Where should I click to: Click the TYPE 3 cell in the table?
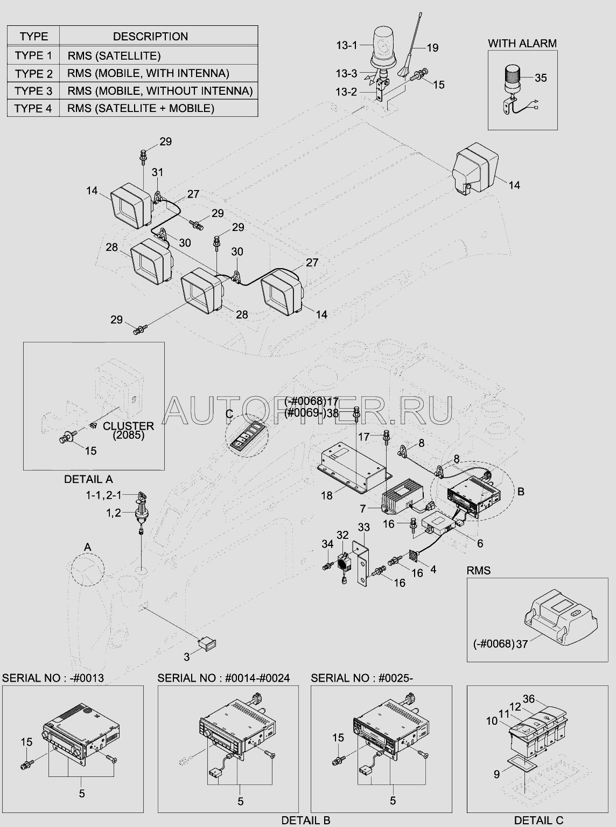33,90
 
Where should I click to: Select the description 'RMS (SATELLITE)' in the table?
114,56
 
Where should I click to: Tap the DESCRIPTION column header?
150,36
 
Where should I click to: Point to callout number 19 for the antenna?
432,48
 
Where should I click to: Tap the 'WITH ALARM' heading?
522,43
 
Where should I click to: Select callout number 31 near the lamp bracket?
157,172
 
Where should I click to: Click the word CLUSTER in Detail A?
128,426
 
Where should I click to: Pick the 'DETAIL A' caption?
88,479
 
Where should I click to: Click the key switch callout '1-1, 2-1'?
103,495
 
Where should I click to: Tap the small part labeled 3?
207,643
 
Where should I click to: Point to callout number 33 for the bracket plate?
363,527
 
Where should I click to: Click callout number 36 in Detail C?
529,699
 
